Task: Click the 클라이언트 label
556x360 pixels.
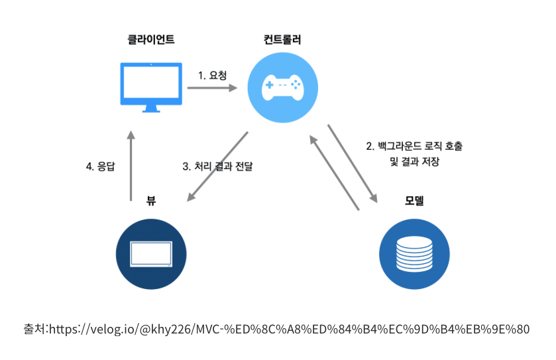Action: (x=151, y=39)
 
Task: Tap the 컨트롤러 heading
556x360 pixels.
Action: (x=282, y=39)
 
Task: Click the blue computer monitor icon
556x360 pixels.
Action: (x=151, y=88)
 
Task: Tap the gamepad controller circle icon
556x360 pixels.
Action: (x=282, y=86)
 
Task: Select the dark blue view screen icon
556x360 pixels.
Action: (x=151, y=254)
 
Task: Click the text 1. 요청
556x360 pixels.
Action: (x=212, y=76)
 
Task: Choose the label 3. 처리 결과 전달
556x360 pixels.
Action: (x=218, y=167)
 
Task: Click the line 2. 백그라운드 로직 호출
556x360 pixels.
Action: (x=410, y=145)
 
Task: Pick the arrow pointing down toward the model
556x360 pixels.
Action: (x=353, y=163)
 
